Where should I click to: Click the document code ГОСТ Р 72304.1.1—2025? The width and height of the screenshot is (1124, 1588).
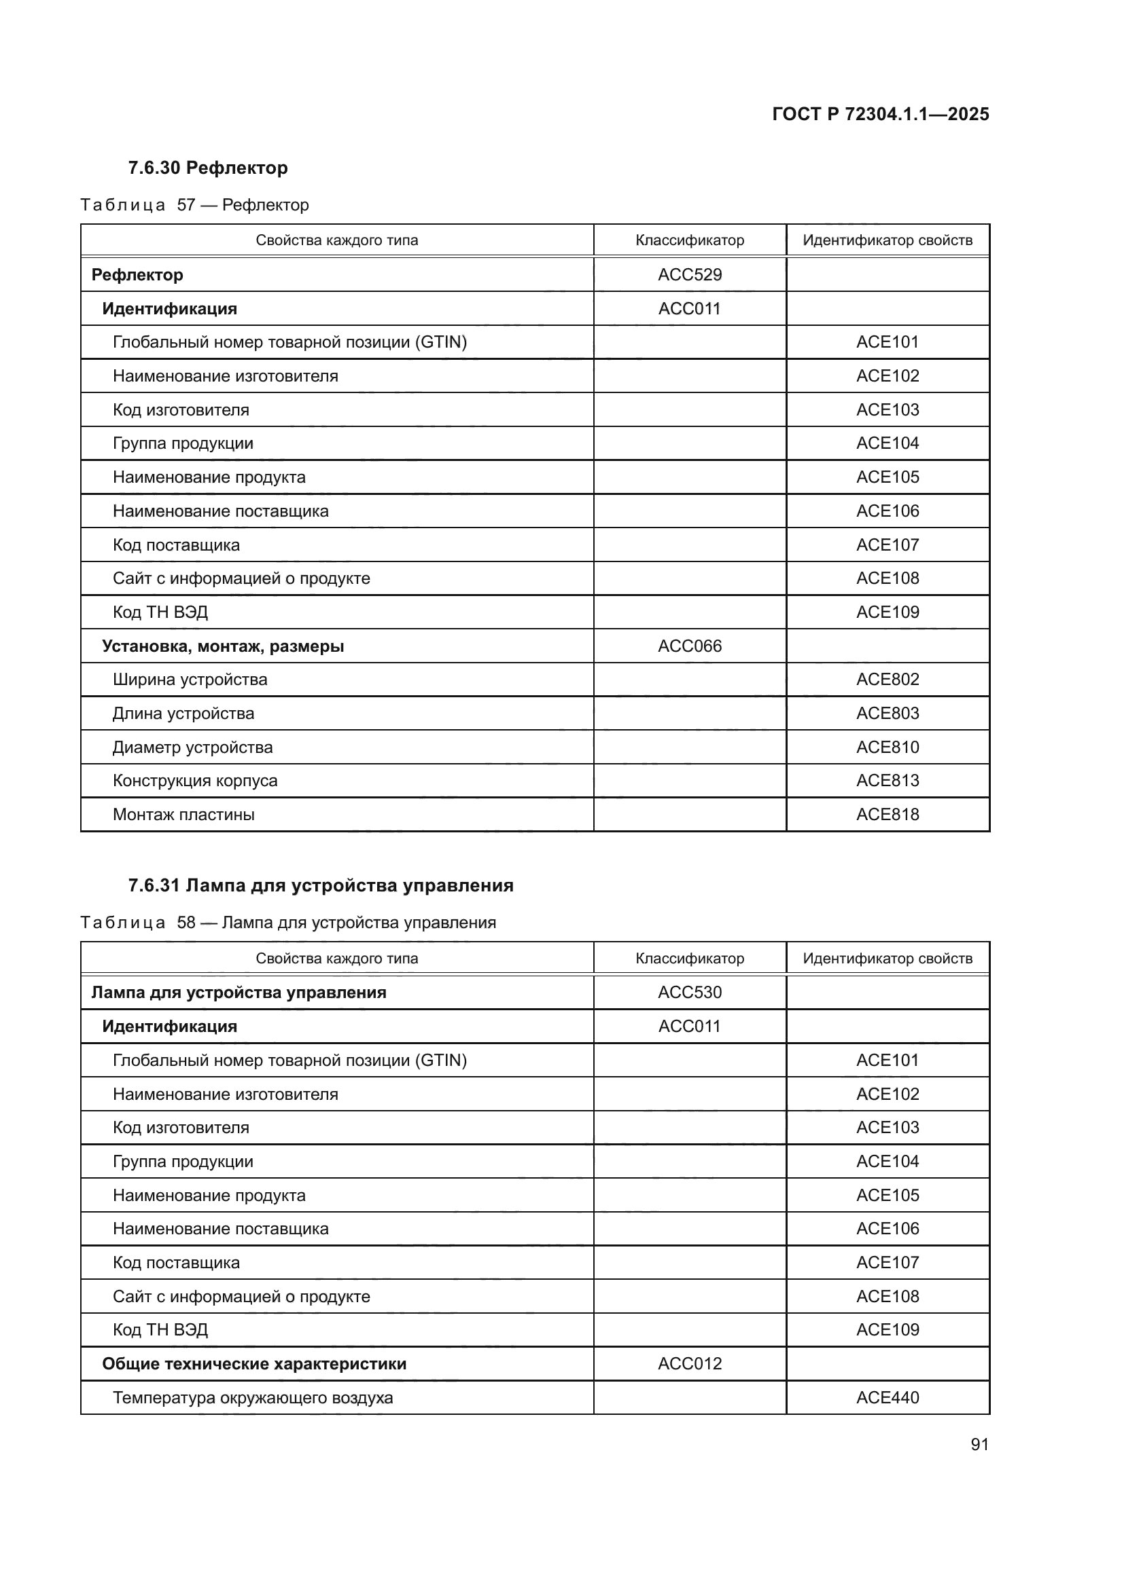click(880, 114)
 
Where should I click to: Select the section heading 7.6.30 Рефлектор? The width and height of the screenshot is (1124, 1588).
click(208, 168)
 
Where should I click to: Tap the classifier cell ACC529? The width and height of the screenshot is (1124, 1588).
click(689, 274)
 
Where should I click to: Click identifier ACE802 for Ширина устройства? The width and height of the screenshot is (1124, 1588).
click(888, 679)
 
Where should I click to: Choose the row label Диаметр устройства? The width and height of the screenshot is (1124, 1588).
click(192, 747)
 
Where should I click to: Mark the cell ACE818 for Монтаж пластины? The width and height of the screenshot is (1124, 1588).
click(888, 814)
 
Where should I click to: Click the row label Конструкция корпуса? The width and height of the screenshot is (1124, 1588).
click(194, 780)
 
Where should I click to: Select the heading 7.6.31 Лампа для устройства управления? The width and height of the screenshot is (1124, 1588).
click(321, 885)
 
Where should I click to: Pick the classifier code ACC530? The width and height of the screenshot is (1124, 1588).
click(689, 993)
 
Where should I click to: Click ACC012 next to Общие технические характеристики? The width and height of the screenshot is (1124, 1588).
click(689, 1363)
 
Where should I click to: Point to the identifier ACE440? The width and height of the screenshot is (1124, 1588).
click(888, 1397)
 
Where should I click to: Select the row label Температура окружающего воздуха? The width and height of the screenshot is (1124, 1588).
click(253, 1398)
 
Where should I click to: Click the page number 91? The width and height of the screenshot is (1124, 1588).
click(979, 1444)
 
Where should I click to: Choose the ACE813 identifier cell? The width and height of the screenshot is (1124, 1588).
click(888, 780)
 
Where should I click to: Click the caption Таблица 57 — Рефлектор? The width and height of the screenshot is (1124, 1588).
click(194, 205)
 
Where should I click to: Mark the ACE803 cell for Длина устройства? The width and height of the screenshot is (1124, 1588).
click(888, 713)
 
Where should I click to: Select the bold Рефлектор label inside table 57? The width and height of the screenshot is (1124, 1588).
click(137, 274)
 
